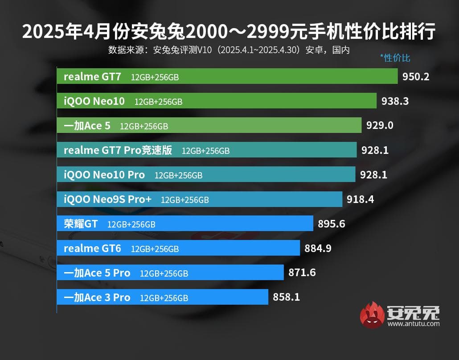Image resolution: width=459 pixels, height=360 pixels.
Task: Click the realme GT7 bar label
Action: click(x=92, y=76)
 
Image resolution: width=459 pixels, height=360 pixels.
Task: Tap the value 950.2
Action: click(x=416, y=77)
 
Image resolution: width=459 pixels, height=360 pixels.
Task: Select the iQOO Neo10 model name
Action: click(x=94, y=101)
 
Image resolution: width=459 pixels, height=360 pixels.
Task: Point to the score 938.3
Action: click(x=395, y=101)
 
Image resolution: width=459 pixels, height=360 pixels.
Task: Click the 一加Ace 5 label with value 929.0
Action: click(x=87, y=126)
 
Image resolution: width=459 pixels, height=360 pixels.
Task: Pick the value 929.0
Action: click(x=380, y=126)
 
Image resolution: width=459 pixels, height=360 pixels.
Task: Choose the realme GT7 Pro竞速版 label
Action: click(x=118, y=150)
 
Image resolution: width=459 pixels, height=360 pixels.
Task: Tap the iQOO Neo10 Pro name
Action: click(x=104, y=175)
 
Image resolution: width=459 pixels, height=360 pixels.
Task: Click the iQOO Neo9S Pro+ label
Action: click(x=107, y=199)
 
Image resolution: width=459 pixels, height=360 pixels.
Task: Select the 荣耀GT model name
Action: click(x=81, y=224)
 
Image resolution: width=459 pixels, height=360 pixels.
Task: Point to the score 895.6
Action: click(x=332, y=224)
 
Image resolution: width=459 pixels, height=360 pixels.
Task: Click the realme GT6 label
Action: click(x=92, y=248)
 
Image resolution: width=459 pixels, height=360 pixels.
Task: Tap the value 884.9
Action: click(x=318, y=248)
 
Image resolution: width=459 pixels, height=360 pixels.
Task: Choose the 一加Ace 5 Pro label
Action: click(x=97, y=273)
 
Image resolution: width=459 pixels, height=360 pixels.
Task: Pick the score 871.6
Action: click(x=302, y=273)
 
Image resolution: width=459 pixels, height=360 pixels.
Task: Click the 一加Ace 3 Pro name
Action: click(x=97, y=297)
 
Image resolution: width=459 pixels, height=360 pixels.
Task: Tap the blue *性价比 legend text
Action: click(x=395, y=58)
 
